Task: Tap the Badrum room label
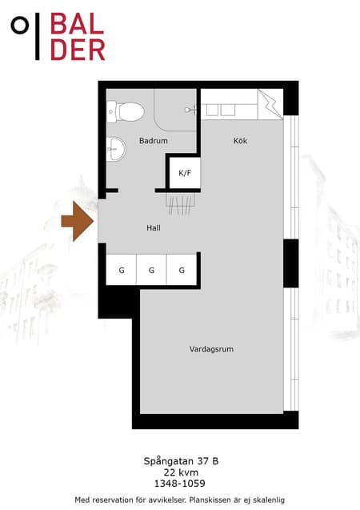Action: (x=154, y=141)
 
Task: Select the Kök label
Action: (x=241, y=141)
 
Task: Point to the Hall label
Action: (x=154, y=228)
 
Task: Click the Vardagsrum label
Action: (x=211, y=349)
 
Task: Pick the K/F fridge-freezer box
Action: (x=185, y=173)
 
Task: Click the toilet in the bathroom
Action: (x=126, y=111)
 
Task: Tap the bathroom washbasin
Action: (x=116, y=149)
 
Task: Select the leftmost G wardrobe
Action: (x=122, y=270)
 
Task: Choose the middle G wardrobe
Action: (x=151, y=270)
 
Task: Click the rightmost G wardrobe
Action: (x=182, y=270)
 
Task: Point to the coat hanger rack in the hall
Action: (x=181, y=204)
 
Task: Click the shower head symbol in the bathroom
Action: (x=190, y=110)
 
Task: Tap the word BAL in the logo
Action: (x=78, y=24)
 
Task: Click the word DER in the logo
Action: (x=78, y=50)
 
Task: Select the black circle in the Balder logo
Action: (x=20, y=25)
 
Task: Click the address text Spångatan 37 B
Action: (x=181, y=461)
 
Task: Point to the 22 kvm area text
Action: (x=181, y=472)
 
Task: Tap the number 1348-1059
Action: (x=180, y=484)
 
